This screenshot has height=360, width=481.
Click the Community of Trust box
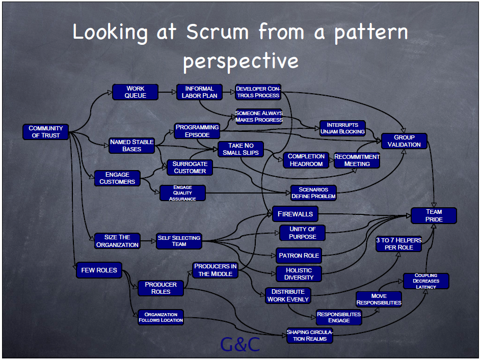point(46,132)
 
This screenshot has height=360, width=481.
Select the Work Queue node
point(136,92)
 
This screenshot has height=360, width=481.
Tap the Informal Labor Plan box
point(199,92)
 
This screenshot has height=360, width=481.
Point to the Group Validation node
point(404,141)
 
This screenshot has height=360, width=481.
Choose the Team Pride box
point(434,215)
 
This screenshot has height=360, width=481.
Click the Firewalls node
point(295,214)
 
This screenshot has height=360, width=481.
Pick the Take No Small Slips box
point(240,149)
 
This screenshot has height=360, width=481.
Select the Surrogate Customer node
point(190,168)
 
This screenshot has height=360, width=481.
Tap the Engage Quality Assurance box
point(182,193)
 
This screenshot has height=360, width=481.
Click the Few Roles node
point(99,270)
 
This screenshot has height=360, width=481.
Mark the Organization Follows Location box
point(161,317)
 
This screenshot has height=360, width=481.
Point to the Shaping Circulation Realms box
point(310,336)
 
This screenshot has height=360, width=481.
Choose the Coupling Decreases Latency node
point(426,281)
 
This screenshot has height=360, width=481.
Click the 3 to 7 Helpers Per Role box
point(399,244)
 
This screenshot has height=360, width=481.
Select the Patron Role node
point(299,256)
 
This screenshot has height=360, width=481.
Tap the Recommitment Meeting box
point(357,160)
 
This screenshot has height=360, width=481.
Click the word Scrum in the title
point(218,32)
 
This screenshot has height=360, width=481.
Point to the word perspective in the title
point(241,61)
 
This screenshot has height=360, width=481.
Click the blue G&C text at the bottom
point(240,344)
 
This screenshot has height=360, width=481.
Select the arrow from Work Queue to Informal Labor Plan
point(167,92)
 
